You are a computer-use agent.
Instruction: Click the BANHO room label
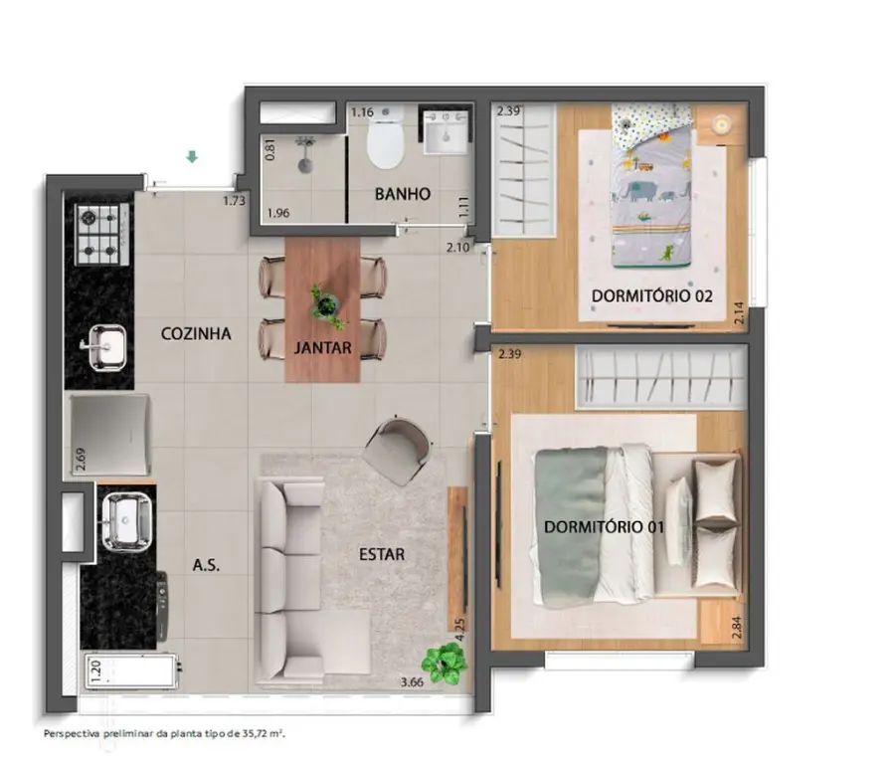[403, 194]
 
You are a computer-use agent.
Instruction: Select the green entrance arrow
[193, 156]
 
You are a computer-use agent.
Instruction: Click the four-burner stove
[102, 235]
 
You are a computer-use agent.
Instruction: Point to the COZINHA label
[196, 333]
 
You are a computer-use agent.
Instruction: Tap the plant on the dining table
[328, 306]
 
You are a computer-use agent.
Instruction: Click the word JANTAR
[323, 347]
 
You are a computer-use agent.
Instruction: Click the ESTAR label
[382, 554]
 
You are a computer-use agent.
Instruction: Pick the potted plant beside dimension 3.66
[444, 663]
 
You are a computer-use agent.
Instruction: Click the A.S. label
[206, 566]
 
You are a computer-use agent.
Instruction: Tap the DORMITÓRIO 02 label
[652, 296]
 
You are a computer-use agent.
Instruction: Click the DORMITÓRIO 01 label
[604, 527]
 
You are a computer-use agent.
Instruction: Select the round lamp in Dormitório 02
[722, 123]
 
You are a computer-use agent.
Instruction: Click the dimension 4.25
[460, 630]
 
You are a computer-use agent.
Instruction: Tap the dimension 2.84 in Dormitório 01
[737, 628]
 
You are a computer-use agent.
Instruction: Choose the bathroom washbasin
[447, 132]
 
